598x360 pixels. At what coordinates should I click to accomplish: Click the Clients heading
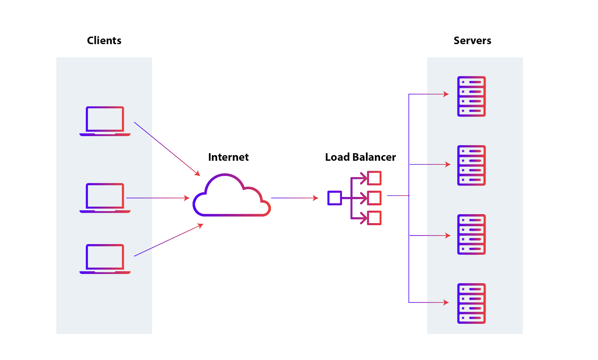point(104,40)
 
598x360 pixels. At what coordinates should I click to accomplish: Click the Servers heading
point(472,40)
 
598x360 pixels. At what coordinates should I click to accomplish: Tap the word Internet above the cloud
point(228,157)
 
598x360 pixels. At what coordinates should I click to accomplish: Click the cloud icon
point(231,196)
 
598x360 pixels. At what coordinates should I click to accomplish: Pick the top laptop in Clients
point(105,121)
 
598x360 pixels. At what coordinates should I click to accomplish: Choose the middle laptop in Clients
point(105,197)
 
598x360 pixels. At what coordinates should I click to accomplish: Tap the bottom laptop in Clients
point(105,259)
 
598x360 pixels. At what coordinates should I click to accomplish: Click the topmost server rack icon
point(471,96)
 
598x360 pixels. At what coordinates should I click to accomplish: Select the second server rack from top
point(471,165)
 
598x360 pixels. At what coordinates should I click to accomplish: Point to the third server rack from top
point(471,234)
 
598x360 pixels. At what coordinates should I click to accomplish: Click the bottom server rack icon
point(471,303)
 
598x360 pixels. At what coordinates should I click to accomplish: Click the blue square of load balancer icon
point(335,198)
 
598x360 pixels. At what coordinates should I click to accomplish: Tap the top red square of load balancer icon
point(374,178)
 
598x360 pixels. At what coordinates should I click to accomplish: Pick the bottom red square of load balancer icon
point(374,218)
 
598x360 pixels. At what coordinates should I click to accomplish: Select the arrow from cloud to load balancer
point(294,198)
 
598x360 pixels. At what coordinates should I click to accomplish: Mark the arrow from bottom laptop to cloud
point(168,240)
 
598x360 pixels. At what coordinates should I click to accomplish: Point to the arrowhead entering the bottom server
point(446,302)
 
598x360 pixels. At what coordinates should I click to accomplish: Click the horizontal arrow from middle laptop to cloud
point(157,198)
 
